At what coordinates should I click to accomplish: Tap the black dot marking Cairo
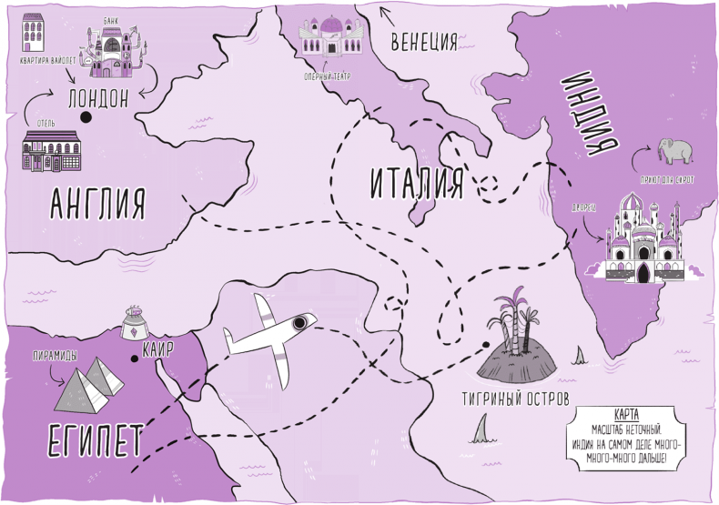tap(135, 359)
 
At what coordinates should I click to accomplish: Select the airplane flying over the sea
tap(270, 338)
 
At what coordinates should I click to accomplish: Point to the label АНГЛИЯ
tap(97, 203)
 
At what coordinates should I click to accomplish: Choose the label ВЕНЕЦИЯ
tap(423, 41)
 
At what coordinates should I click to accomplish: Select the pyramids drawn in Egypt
tap(88, 381)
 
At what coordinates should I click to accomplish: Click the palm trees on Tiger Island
tap(511, 323)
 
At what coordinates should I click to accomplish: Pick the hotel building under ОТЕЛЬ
tap(51, 149)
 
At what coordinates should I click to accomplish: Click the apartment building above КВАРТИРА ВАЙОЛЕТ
tap(34, 35)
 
